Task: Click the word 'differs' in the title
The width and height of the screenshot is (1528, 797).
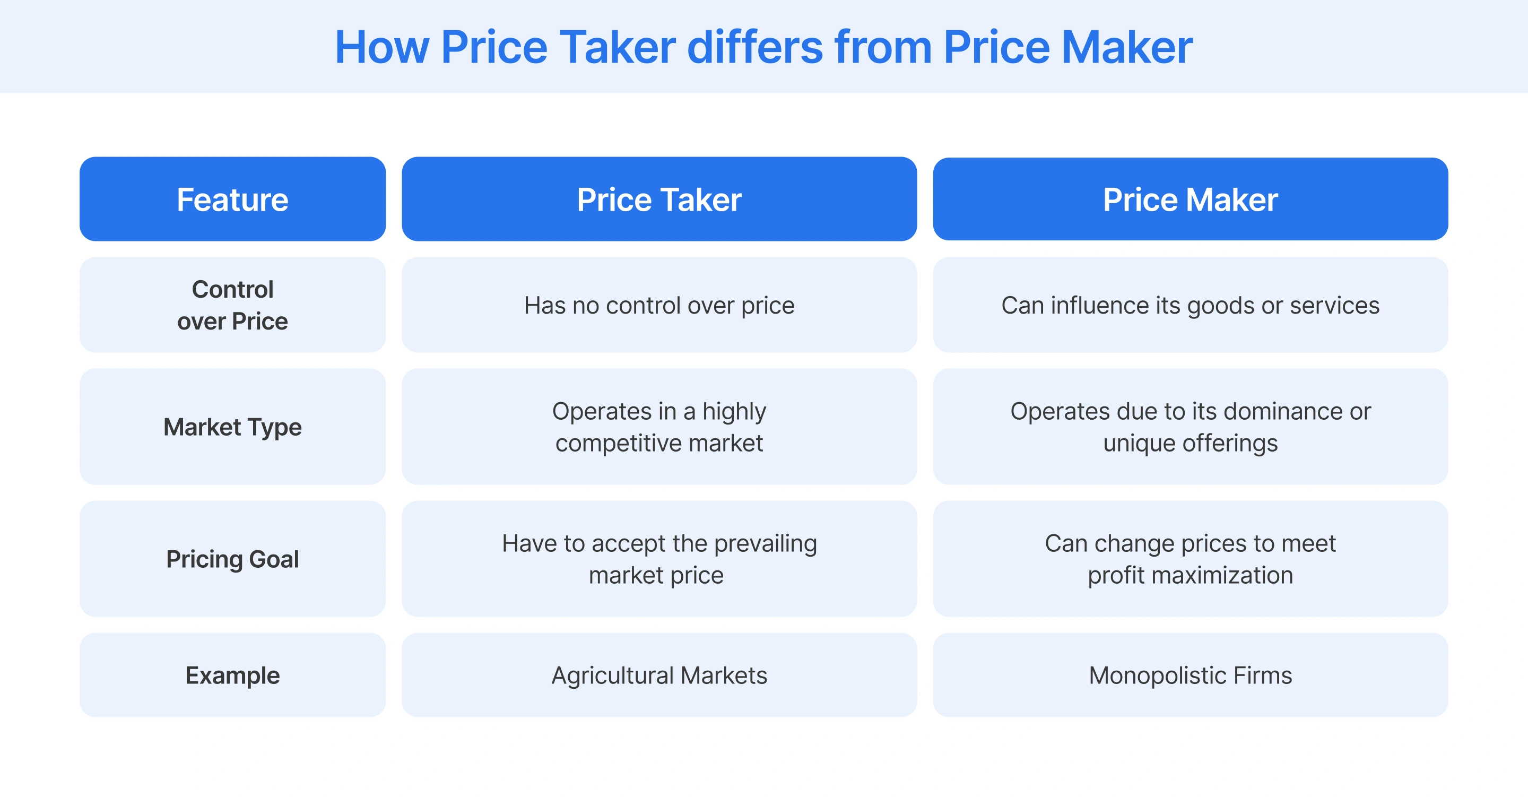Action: [754, 47]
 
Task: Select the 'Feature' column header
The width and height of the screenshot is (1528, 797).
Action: [232, 200]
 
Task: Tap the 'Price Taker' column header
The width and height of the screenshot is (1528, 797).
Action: [659, 200]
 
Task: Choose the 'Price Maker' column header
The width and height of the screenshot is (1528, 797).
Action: [1190, 200]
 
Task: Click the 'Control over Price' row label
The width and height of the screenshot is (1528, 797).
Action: [232, 305]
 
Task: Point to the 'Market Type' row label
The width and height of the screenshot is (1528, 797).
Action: [232, 427]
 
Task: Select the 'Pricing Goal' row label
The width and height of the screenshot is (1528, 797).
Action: [232, 559]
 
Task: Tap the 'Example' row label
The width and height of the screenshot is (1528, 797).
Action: [232, 675]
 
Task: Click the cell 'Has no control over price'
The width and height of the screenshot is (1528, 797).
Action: [659, 306]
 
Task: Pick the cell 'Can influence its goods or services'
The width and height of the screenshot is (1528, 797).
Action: [1190, 306]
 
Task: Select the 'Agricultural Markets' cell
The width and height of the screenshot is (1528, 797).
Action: [659, 675]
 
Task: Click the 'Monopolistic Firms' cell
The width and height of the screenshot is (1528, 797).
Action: [1190, 675]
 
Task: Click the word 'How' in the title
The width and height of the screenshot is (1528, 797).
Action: [382, 47]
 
